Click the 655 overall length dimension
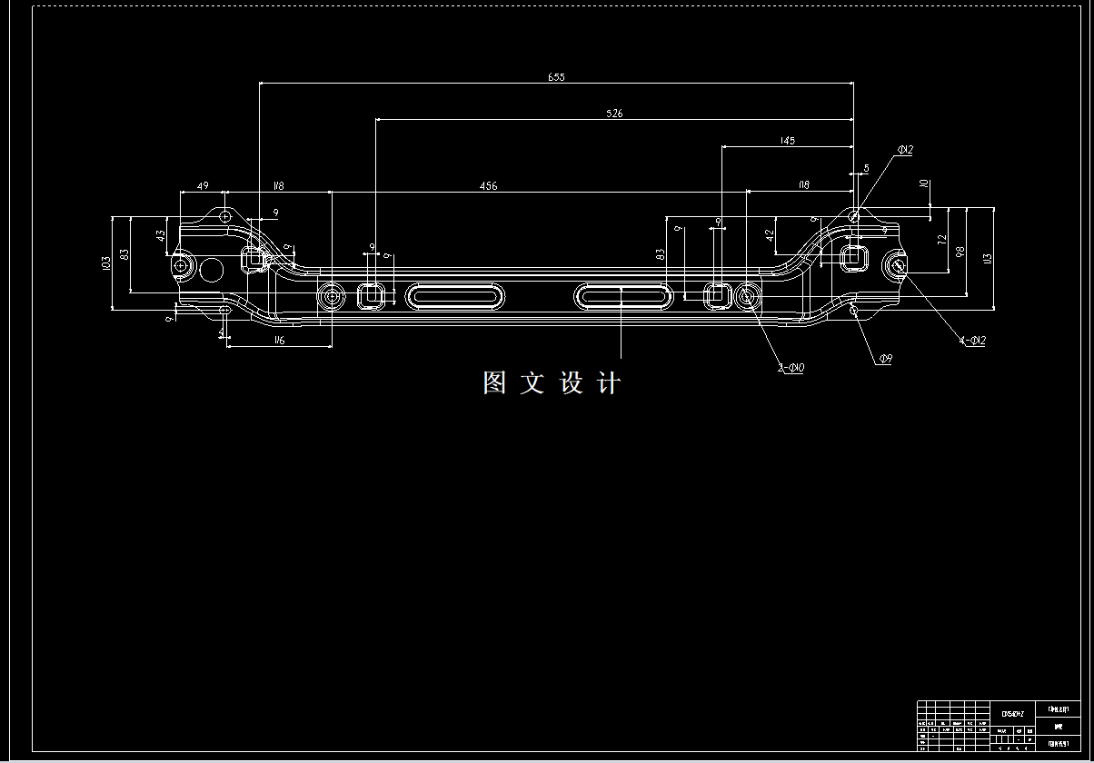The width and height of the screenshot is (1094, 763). [556, 77]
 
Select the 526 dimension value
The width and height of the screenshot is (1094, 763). [614, 114]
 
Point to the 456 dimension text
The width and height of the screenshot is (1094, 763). [488, 186]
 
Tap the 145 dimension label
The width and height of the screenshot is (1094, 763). [787, 141]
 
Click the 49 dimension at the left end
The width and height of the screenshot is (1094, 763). [203, 186]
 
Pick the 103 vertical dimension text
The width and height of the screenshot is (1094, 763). [106, 263]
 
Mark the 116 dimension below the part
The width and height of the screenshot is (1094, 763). [278, 340]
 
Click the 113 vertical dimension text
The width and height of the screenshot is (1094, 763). [988, 257]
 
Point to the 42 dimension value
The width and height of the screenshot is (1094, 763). [770, 236]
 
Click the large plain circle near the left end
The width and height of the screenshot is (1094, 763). [212, 269]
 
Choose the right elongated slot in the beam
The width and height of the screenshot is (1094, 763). [621, 295]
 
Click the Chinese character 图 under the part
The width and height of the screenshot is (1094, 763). [494, 383]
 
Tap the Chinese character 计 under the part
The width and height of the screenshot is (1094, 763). [610, 383]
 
